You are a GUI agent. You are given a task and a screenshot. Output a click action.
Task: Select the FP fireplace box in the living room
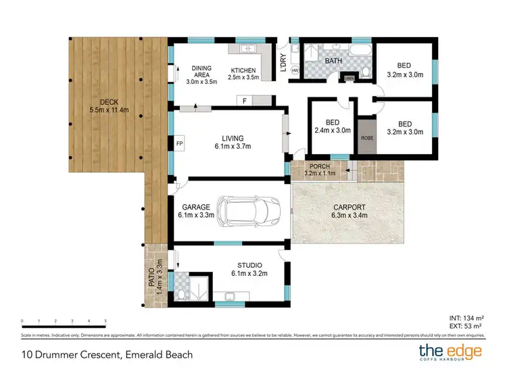(x=180, y=144)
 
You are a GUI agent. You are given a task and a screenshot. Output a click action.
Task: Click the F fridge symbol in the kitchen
(x=245, y=101)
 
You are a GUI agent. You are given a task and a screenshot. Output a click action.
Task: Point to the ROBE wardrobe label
(x=367, y=138)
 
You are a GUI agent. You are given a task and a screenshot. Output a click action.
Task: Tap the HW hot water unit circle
(x=295, y=70)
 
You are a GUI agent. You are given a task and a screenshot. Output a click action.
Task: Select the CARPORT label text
(x=349, y=207)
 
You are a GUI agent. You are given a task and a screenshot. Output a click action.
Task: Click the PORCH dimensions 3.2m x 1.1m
(x=321, y=174)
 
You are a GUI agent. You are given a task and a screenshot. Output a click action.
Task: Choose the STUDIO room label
(x=249, y=265)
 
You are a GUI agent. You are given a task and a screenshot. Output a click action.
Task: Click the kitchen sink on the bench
(x=247, y=49)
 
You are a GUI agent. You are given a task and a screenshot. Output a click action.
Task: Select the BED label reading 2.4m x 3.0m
(x=333, y=126)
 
